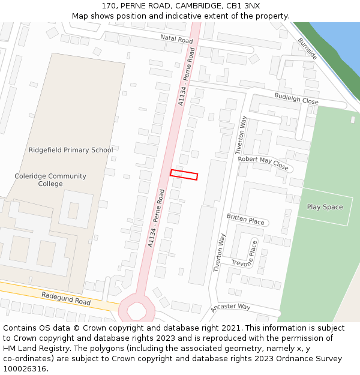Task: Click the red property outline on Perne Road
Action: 184,175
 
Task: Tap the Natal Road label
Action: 176,40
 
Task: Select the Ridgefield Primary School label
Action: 71,150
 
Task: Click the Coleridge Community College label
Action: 50,180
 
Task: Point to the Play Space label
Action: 325,207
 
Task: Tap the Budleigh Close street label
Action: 296,98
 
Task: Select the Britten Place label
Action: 245,219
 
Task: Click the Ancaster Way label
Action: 230,308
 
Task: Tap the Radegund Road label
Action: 66,298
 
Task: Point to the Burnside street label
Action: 307,49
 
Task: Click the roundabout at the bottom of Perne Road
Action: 137,310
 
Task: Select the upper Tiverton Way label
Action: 241,135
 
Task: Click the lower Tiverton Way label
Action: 219,253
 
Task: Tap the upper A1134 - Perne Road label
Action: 187,78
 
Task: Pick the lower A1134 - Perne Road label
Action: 157,218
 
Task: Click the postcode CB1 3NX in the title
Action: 244,6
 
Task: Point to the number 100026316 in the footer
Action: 24,368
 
